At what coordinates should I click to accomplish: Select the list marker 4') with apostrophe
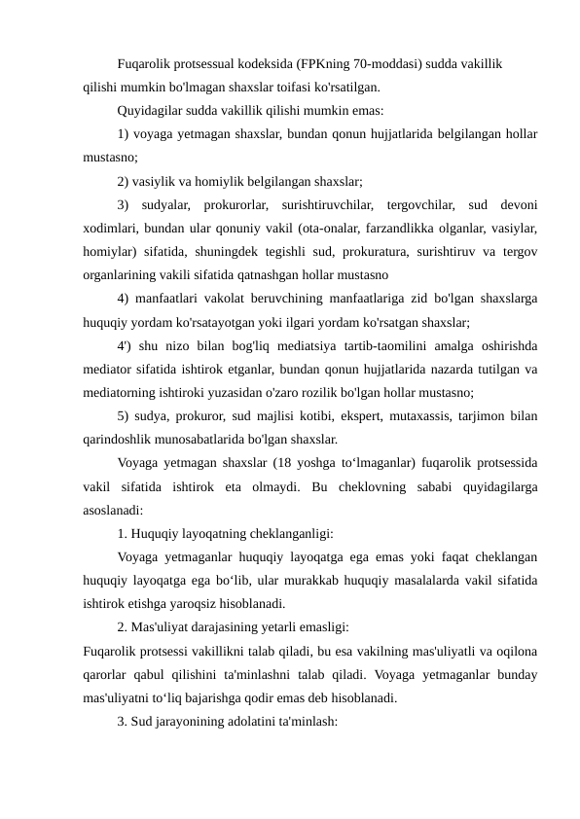124,346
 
